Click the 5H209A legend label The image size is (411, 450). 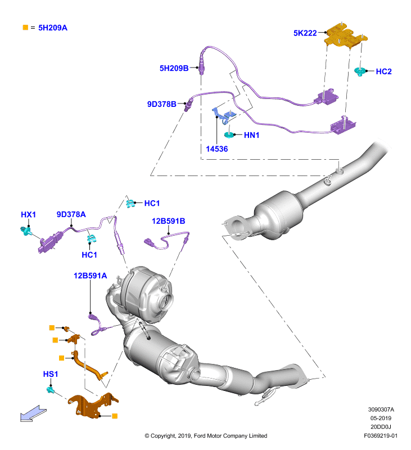[x=53, y=28]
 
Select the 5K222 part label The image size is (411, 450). [x=305, y=33]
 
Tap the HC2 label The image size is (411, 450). [x=384, y=71]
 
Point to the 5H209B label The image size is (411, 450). [x=174, y=68]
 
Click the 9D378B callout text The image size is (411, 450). [x=162, y=104]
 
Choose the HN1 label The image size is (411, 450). [x=251, y=135]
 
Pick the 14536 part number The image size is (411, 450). [x=217, y=149]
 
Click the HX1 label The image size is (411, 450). [x=29, y=215]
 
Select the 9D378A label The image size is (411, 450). [x=71, y=214]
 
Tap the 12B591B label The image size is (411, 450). [x=168, y=221]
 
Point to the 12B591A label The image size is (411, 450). [x=91, y=276]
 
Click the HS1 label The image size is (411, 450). [x=51, y=374]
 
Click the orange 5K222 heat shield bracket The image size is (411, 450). [x=345, y=36]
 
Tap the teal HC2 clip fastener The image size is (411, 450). [x=359, y=71]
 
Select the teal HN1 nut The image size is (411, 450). [x=229, y=134]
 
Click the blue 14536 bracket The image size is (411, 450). [x=224, y=116]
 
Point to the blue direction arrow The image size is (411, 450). [x=33, y=413]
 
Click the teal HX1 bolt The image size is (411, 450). [x=26, y=231]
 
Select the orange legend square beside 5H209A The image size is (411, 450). [x=25, y=28]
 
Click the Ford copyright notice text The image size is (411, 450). [x=206, y=436]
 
